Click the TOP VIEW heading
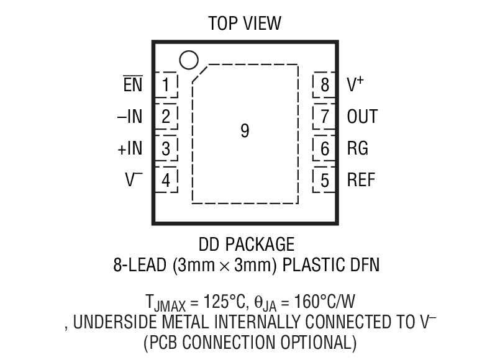(x=245, y=24)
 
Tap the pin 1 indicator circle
(x=188, y=60)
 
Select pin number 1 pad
(x=166, y=84)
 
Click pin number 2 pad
(x=166, y=117)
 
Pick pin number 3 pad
(x=166, y=149)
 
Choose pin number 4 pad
(x=166, y=181)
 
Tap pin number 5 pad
(x=324, y=181)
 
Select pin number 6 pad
(x=324, y=149)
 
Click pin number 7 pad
(x=324, y=117)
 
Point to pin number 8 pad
(x=324, y=84)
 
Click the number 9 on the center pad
(x=245, y=131)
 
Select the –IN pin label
(x=129, y=117)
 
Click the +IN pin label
(x=129, y=149)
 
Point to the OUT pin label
(x=362, y=117)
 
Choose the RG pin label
(x=357, y=149)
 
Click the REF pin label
(x=361, y=181)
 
